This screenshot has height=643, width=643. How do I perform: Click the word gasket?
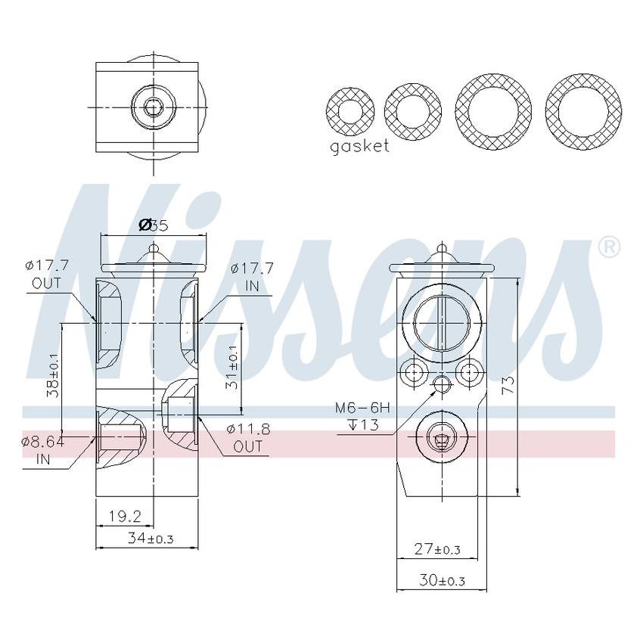click(x=359, y=146)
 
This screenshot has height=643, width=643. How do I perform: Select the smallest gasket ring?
click(x=349, y=110)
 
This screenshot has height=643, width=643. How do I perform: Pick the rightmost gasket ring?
click(x=583, y=111)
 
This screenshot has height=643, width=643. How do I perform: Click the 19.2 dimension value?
click(x=125, y=516)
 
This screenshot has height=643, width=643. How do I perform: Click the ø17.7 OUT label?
click(x=47, y=274)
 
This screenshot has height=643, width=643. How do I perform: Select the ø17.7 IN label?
click(x=252, y=275)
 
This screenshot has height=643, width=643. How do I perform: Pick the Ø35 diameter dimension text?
click(x=153, y=225)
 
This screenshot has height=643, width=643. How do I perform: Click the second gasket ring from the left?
click(x=412, y=110)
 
